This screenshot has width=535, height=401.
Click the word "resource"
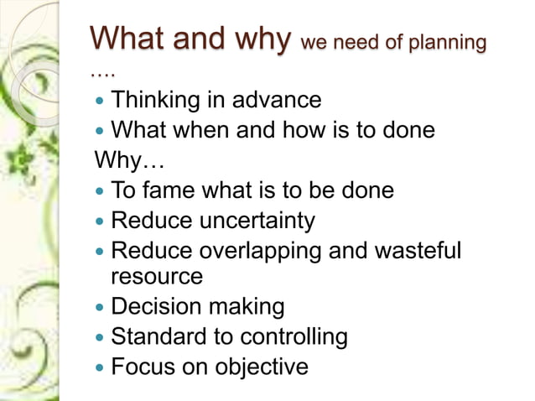point(157,276)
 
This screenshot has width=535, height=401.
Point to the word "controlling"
point(293,336)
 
